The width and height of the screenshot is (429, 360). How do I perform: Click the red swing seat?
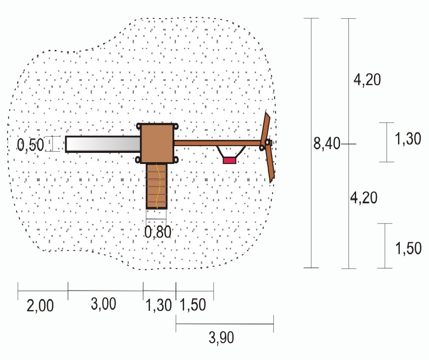point(229,160)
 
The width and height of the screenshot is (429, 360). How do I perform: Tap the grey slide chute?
point(103,144)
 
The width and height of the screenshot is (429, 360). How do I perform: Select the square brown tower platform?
point(157,143)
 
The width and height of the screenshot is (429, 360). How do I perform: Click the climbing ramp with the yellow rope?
point(156,186)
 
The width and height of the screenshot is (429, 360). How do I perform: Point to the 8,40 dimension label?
point(327,143)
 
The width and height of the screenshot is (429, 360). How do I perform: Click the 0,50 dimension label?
point(31,144)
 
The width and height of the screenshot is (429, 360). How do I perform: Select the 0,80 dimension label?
point(158,232)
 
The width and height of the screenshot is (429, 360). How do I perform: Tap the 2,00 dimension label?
point(40,305)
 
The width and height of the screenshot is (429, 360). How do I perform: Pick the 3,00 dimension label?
point(103,304)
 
